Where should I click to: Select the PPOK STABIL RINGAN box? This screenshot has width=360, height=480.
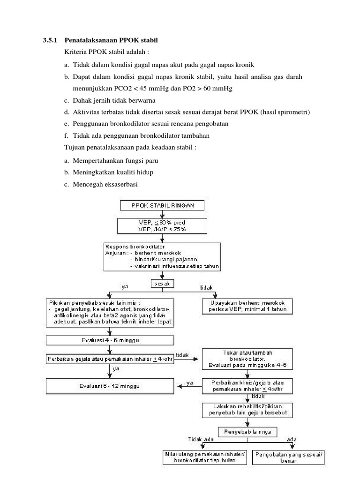[x=162, y=205]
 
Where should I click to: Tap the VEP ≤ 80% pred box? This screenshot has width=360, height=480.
[x=162, y=225]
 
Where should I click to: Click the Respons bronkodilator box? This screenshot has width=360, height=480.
[x=162, y=256]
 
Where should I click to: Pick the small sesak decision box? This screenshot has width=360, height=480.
[x=162, y=284]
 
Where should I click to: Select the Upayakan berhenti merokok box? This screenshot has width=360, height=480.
[x=248, y=306]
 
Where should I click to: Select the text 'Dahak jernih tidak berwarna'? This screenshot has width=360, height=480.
[x=114, y=100]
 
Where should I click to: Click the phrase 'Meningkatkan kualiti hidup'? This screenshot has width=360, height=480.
[x=113, y=172]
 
